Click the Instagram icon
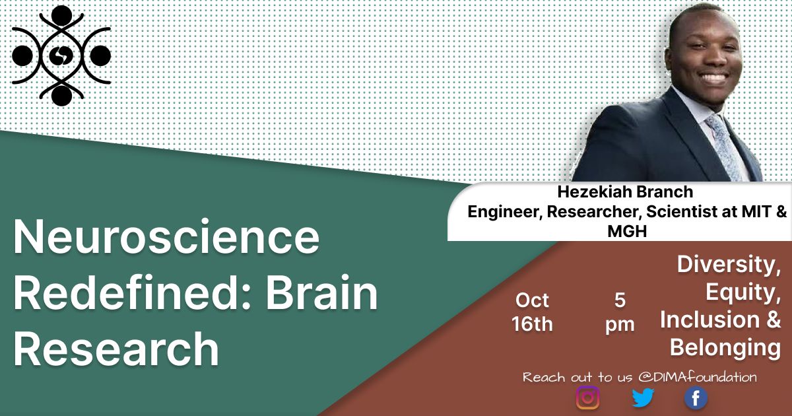pyautogui.click(x=587, y=398)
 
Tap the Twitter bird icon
pyautogui.click(x=642, y=398)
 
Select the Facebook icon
pyautogui.click(x=695, y=398)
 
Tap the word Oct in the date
pyautogui.click(x=532, y=300)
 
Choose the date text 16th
pyautogui.click(x=532, y=324)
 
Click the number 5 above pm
pyautogui.click(x=619, y=300)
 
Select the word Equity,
pyautogui.click(x=743, y=292)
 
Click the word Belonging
pyautogui.click(x=725, y=347)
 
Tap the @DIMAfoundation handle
pyautogui.click(x=698, y=377)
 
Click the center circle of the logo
pyautogui.click(x=61, y=55)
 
